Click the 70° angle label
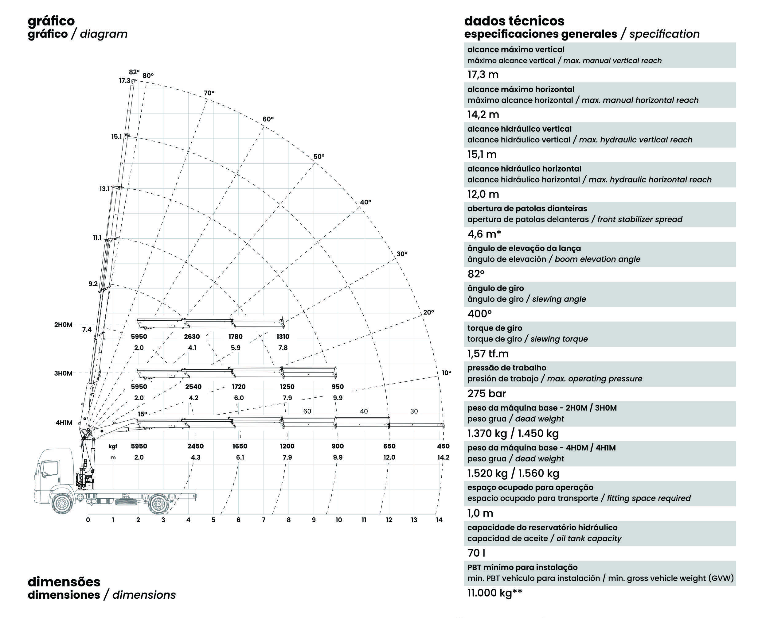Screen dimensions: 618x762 click(209, 93)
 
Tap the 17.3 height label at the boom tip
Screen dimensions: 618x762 click(125, 81)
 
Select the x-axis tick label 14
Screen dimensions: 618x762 click(439, 520)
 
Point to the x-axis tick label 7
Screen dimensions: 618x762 click(264, 520)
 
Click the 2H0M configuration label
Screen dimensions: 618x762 click(63, 325)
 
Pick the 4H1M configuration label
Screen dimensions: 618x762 click(64, 423)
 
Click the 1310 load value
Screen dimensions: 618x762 click(283, 336)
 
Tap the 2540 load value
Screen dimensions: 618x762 click(193, 387)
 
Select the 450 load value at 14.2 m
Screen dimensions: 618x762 click(443, 446)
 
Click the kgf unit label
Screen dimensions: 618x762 click(113, 446)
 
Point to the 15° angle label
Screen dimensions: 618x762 click(143, 414)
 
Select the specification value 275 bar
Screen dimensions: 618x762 click(487, 393)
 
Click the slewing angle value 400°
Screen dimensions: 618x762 click(479, 314)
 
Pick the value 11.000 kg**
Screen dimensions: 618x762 click(495, 593)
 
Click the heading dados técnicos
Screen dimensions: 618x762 click(514, 21)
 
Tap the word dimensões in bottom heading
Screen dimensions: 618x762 click(64, 582)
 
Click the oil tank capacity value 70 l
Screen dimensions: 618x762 click(476, 553)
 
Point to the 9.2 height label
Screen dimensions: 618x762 click(93, 284)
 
